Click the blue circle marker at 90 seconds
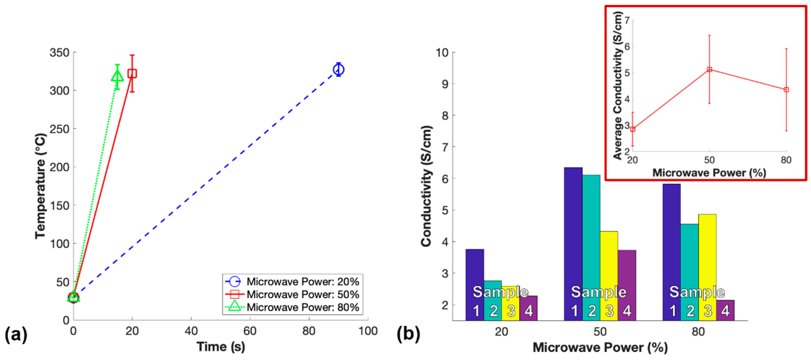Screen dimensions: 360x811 point(338,70)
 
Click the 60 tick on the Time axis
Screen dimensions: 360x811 point(250,331)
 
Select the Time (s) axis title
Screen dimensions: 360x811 point(221,347)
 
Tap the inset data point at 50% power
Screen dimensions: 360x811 point(709,70)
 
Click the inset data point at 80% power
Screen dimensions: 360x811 point(786,90)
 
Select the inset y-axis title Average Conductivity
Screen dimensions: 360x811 point(618,85)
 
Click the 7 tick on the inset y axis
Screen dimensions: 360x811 point(627,20)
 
